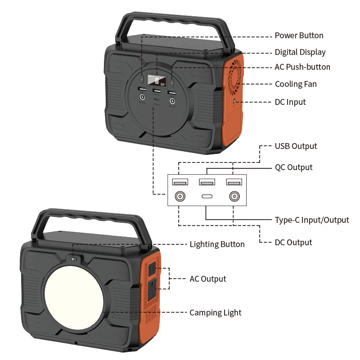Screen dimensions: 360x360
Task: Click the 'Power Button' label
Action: (299, 36)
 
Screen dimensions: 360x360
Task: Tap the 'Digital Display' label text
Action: (300, 52)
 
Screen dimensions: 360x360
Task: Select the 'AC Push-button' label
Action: (302, 67)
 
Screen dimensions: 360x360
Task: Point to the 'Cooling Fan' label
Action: (296, 84)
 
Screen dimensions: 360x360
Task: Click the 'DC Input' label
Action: (290, 102)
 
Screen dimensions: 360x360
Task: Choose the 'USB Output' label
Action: (296, 146)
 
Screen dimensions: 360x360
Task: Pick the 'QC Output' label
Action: (294, 167)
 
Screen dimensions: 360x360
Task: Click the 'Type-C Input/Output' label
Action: (312, 220)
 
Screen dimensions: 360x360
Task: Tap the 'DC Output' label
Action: (293, 243)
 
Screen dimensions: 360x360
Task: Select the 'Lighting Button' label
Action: (217, 244)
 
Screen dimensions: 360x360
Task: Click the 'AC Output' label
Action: (208, 279)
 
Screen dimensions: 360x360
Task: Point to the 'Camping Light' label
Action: (216, 313)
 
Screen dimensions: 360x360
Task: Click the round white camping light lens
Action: (74, 295)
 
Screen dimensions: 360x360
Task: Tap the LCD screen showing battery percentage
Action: (157, 81)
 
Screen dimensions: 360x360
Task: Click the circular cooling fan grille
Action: (235, 77)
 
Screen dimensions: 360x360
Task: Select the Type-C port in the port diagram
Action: (207, 197)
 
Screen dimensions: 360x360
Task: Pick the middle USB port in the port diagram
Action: (207, 182)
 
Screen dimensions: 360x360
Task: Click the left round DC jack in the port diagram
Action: (180, 197)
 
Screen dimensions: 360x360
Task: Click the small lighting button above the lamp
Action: (73, 259)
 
